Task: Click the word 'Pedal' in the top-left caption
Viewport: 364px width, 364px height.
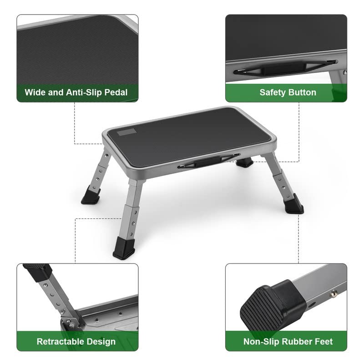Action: pyautogui.click(x=114, y=92)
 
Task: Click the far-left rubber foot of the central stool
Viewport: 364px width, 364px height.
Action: pyautogui.click(x=91, y=197)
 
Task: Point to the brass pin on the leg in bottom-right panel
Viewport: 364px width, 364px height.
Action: pyautogui.click(x=333, y=294)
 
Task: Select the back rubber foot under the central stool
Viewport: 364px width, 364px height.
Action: pyautogui.click(x=245, y=162)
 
